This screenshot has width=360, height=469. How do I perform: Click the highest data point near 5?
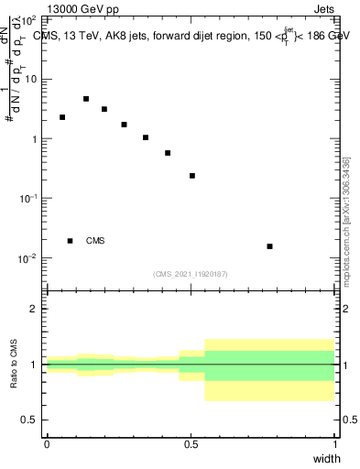[86, 99]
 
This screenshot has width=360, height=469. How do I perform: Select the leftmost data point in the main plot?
[62, 117]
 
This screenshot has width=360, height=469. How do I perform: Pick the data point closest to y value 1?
[146, 137]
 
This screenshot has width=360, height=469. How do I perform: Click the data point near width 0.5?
[192, 176]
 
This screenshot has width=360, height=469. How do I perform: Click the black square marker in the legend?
[70, 241]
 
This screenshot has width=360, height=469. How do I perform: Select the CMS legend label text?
[95, 241]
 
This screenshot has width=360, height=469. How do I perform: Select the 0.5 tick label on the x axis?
[191, 444]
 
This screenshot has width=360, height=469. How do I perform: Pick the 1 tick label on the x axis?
[335, 444]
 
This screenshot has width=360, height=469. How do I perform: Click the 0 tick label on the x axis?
[47, 444]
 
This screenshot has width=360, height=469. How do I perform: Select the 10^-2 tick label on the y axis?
[29, 257]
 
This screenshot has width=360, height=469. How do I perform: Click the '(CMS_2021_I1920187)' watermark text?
[191, 274]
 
